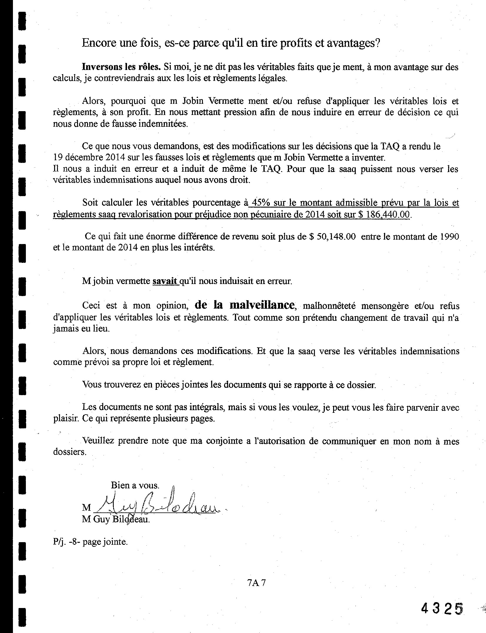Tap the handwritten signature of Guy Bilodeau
coord(159,505)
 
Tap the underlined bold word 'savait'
coord(165,281)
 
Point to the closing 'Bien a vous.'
coord(135,485)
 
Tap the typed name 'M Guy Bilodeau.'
coord(116,519)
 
